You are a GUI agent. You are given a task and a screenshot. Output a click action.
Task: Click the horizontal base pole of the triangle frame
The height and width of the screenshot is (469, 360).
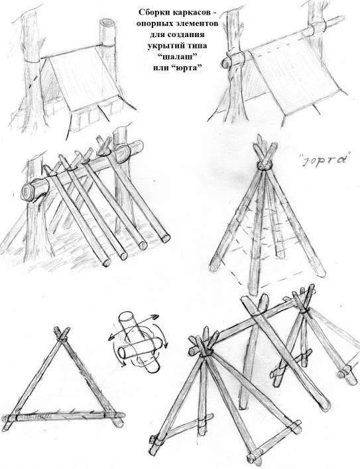tap(64, 416)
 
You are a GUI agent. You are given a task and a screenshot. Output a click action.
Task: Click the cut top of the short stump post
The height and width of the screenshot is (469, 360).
tap(107, 23)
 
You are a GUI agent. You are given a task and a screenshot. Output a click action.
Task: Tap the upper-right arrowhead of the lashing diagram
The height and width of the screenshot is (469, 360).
tap(154, 317)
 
